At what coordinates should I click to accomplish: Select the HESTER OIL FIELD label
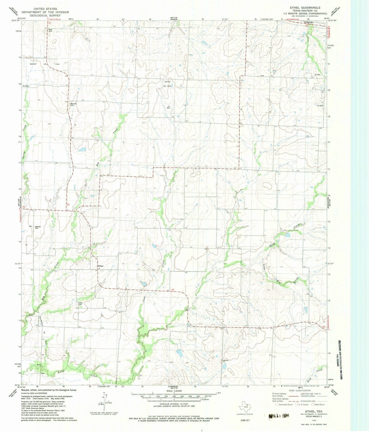tap(167, 83)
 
